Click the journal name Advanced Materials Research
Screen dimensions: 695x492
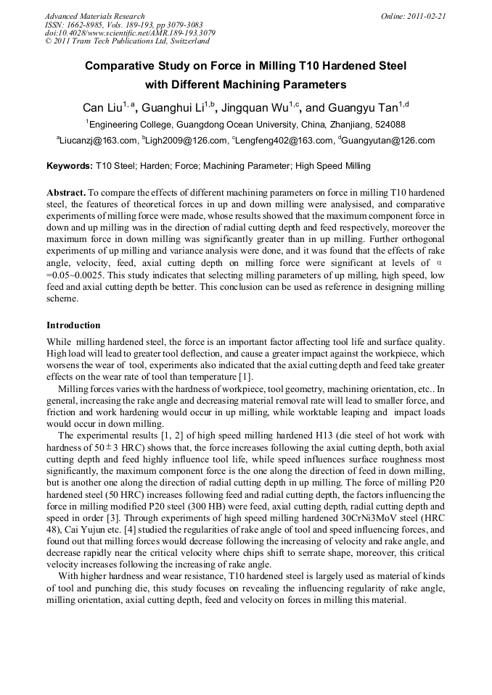[x=94, y=16]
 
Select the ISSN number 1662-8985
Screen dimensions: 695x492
[x=86, y=24]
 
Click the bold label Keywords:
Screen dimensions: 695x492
[x=70, y=166]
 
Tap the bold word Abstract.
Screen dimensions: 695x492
[x=66, y=193]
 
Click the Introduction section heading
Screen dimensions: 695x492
[x=73, y=325]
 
